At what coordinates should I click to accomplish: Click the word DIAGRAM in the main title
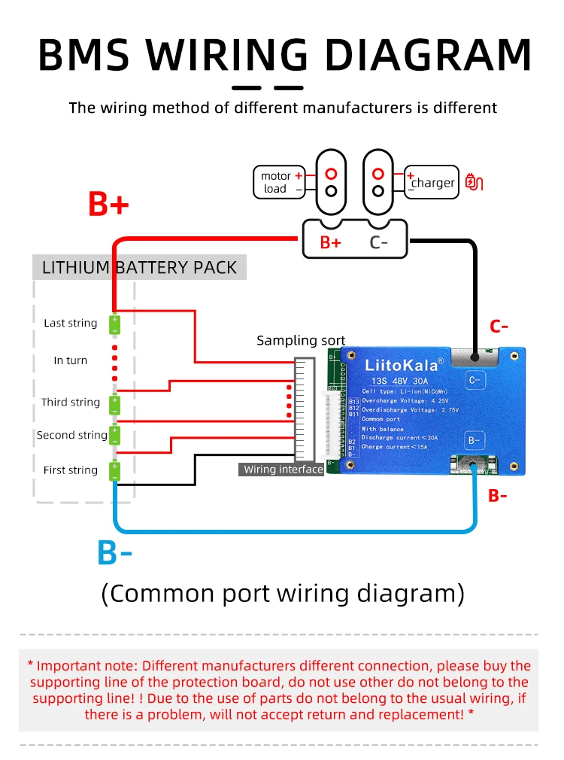click(x=428, y=54)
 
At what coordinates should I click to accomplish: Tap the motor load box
click(x=279, y=182)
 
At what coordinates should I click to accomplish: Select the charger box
click(x=431, y=182)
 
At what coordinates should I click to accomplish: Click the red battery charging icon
click(x=474, y=182)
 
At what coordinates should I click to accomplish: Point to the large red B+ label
click(x=108, y=204)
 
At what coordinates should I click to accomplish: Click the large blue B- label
click(x=114, y=552)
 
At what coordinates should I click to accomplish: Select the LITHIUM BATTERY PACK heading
click(x=140, y=268)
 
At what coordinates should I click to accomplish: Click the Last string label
click(x=71, y=323)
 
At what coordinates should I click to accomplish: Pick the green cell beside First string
click(x=115, y=471)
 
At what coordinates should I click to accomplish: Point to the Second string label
click(x=72, y=435)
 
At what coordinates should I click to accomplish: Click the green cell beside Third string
click(x=115, y=405)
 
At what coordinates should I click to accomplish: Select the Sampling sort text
click(x=301, y=340)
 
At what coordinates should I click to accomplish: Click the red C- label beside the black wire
click(x=499, y=327)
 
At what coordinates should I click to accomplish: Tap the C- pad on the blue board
click(x=475, y=381)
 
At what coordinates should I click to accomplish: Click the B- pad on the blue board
click(x=475, y=440)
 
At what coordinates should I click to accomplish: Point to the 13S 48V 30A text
click(x=400, y=381)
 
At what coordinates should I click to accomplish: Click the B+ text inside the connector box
click(x=330, y=242)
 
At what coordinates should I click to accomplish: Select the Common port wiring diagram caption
click(x=283, y=593)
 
